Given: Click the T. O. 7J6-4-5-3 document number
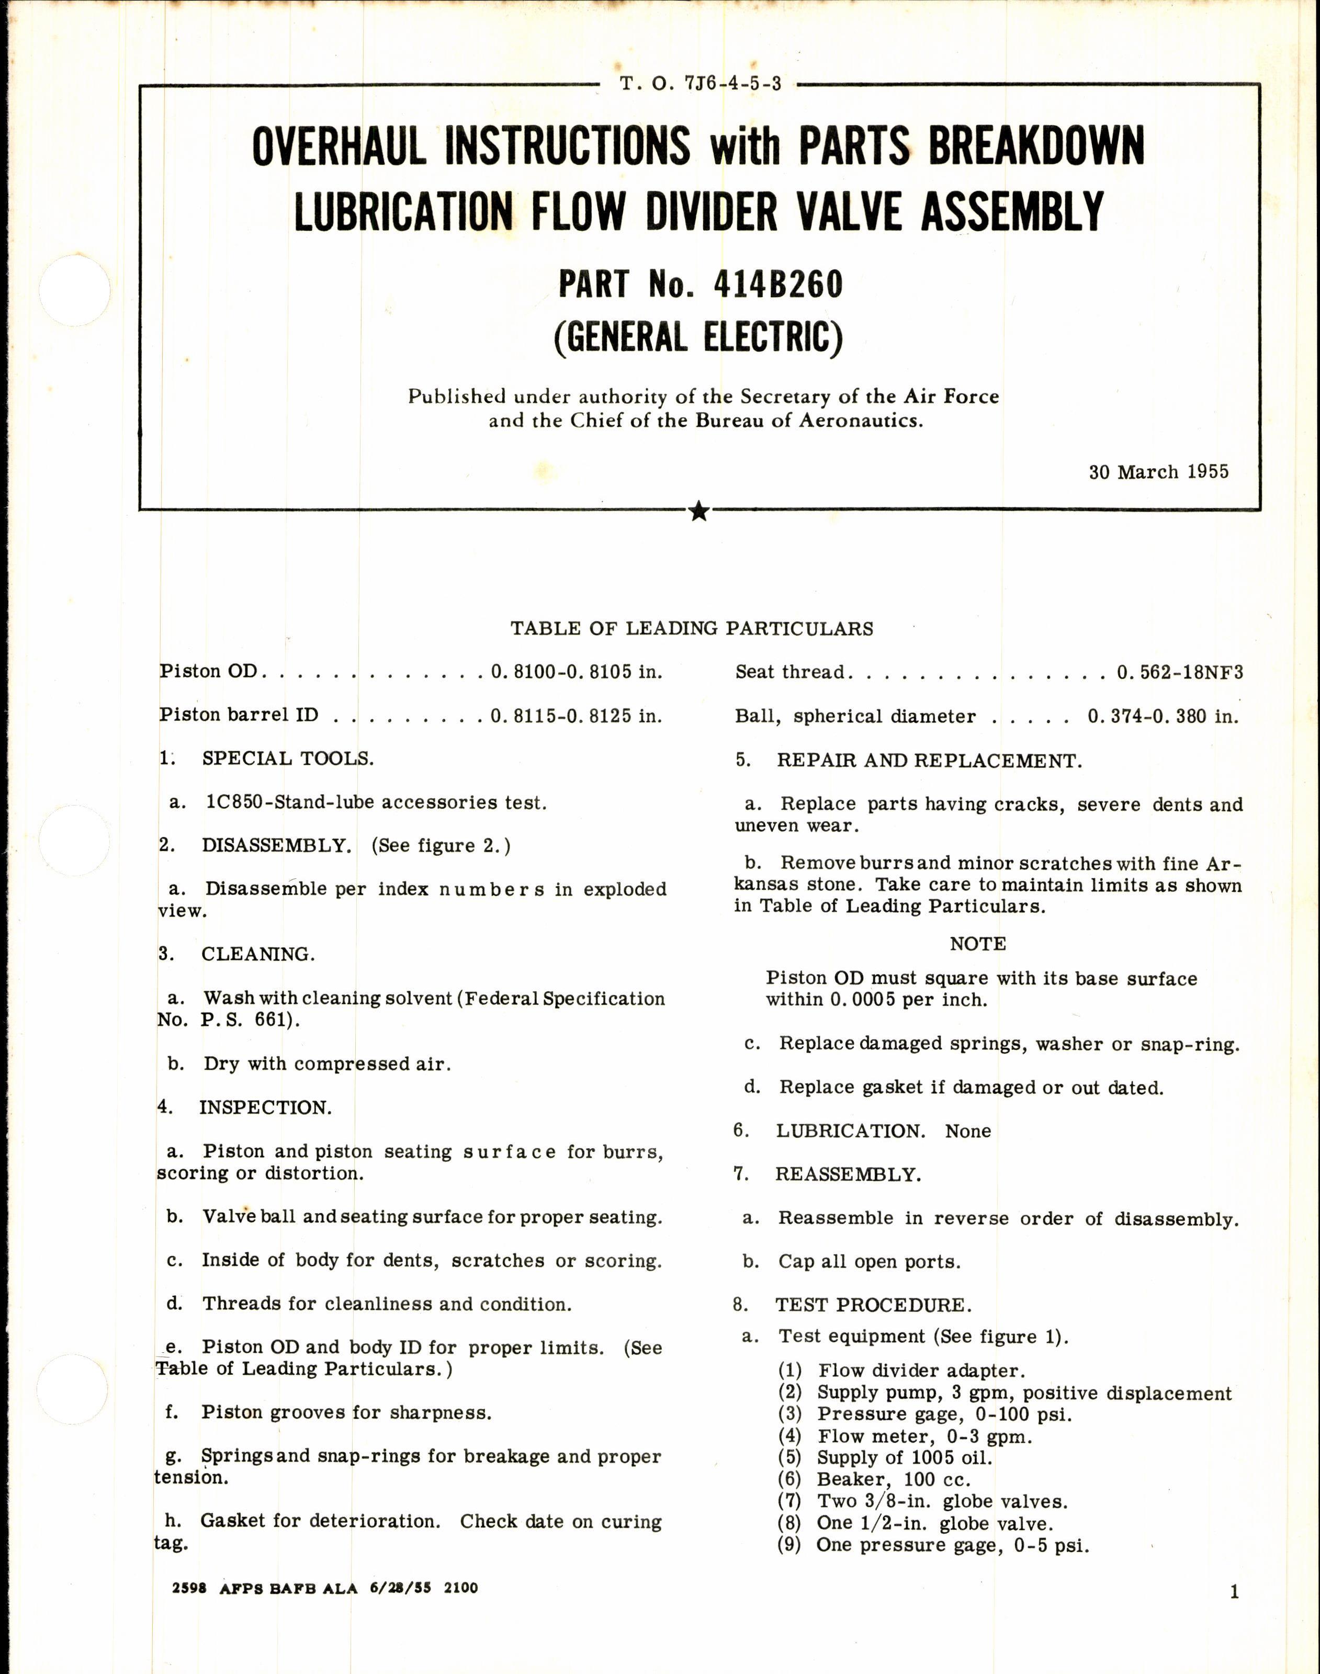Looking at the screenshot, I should (700, 84).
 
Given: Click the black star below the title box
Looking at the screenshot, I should (698, 511).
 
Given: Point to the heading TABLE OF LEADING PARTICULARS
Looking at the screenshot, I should (692, 628).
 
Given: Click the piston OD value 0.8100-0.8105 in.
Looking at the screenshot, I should (576, 672).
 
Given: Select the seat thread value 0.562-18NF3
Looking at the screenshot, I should (1179, 672).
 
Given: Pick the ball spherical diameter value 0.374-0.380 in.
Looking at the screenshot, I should (1163, 717).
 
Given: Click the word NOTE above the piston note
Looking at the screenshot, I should (978, 944).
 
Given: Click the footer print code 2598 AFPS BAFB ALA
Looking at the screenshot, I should (263, 1588).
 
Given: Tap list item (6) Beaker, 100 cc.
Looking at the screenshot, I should (893, 1479).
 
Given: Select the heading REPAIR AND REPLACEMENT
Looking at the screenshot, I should (929, 761).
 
